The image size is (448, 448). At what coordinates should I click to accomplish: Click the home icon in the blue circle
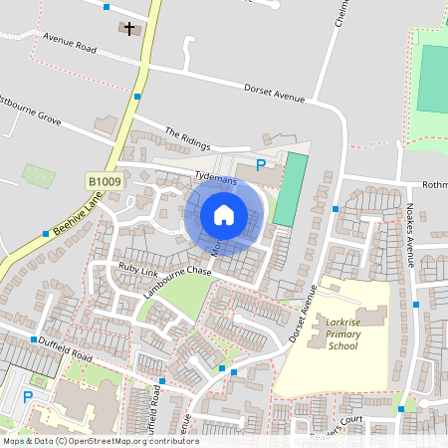tap(224, 214)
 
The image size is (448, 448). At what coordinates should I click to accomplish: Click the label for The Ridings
tap(188, 138)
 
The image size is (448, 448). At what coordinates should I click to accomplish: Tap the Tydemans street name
tap(217, 175)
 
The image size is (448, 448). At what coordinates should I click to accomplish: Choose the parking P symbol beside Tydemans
tap(261, 165)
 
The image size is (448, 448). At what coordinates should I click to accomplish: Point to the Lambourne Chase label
tap(177, 274)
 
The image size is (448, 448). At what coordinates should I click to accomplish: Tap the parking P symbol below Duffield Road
tap(28, 397)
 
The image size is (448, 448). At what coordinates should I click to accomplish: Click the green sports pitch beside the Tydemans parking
tap(286, 189)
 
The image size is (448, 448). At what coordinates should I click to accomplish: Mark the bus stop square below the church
tap(136, 97)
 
